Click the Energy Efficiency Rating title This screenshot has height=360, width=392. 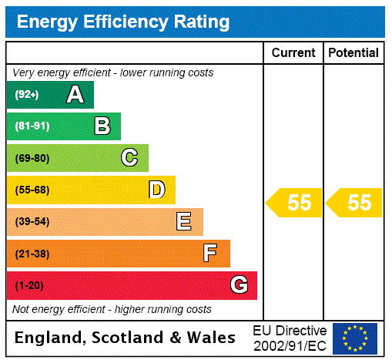[x=123, y=22]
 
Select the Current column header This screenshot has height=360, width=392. [x=293, y=53]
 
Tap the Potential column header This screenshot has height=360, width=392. [x=353, y=53]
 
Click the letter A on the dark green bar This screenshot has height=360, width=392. [x=75, y=95]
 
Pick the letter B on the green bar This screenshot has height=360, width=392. [x=102, y=126]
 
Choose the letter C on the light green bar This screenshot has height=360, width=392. [x=129, y=158]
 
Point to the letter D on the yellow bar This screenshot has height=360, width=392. [x=157, y=190]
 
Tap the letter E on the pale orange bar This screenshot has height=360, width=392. [x=184, y=222]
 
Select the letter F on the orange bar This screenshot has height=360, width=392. [x=210, y=254]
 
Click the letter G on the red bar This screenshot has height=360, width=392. [x=239, y=285]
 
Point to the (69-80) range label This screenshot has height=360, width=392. [x=32, y=159]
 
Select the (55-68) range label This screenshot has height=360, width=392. [x=32, y=190]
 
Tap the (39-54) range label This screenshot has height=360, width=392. [x=32, y=222]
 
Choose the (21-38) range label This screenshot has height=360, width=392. [x=32, y=254]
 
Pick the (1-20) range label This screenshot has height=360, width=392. [x=29, y=286]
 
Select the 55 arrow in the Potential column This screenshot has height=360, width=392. [x=355, y=203]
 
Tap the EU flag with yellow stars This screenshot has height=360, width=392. [x=355, y=338]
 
